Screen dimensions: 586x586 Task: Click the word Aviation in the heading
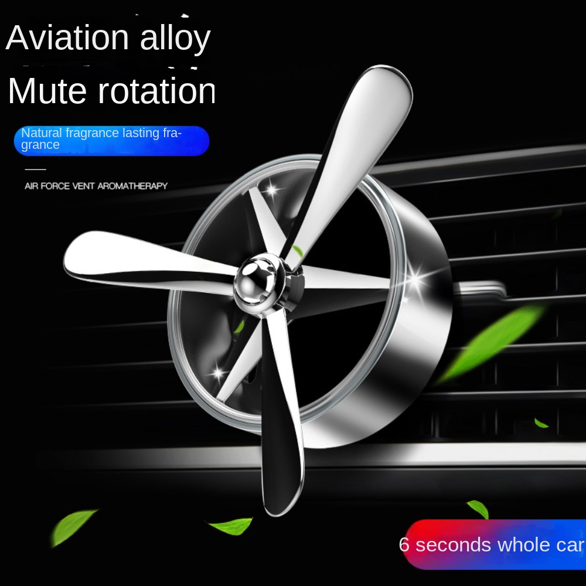[x=67, y=38]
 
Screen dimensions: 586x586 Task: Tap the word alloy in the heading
[x=175, y=39]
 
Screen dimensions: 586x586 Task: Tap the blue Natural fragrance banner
[x=111, y=141]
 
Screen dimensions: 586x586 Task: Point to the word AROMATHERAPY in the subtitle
[x=132, y=186]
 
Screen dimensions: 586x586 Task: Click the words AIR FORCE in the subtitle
[x=47, y=186]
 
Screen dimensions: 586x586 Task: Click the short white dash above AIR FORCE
[x=36, y=169]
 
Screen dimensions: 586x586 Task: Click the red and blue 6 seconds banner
[x=494, y=544]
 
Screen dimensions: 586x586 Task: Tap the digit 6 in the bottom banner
[x=404, y=544]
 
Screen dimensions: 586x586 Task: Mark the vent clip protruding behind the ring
[x=478, y=291]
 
